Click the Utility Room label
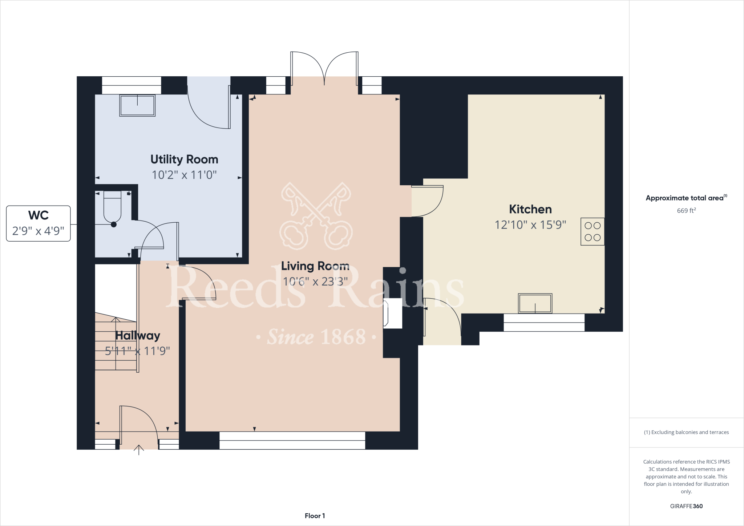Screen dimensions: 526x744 click(184, 159)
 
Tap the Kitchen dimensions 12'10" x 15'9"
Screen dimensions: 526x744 click(530, 225)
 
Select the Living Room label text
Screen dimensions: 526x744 click(315, 266)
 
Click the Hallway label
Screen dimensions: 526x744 click(137, 336)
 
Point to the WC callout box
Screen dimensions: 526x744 click(38, 223)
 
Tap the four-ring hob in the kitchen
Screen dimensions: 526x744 click(592, 231)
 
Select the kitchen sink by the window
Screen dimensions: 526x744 click(535, 303)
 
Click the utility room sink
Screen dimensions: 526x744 click(137, 105)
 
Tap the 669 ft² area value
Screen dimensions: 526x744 click(686, 211)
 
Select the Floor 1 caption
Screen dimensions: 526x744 click(315, 516)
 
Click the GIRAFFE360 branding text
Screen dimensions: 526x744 click(686, 506)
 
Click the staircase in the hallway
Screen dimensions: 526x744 click(116, 343)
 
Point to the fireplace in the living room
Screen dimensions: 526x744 click(393, 313)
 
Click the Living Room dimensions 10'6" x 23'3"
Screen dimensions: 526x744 click(315, 282)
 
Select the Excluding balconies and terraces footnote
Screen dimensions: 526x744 click(686, 432)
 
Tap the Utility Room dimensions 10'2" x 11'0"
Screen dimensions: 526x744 click(184, 175)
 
